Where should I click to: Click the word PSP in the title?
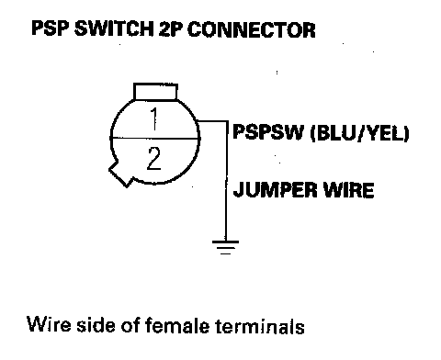coord(51,29)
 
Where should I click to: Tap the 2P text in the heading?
coord(171,29)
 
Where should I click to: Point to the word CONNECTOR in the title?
coord(252,29)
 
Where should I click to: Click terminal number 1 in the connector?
coord(154,119)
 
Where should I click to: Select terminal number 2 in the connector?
coord(153,159)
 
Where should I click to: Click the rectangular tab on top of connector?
coord(155,92)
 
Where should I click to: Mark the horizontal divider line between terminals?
coord(155,139)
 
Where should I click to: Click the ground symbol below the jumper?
coord(225,247)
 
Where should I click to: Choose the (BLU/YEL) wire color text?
coord(360,134)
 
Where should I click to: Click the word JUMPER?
coord(275,190)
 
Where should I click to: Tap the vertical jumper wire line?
coord(227,181)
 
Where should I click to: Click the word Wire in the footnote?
coord(49,324)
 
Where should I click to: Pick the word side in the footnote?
coord(96,324)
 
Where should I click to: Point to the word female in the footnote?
coord(176,324)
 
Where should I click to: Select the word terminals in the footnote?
coord(260,325)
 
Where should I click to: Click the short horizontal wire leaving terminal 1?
coord(212,121)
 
